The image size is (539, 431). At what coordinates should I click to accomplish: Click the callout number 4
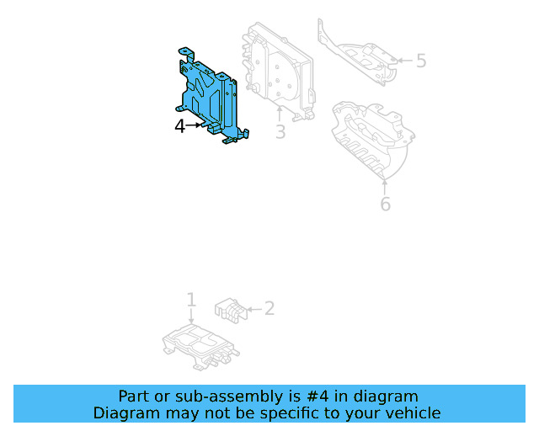tap(179, 126)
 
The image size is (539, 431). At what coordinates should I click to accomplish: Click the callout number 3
tap(280, 132)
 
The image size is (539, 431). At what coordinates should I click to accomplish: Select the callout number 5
tap(421, 61)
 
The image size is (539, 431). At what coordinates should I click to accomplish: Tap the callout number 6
tap(385, 204)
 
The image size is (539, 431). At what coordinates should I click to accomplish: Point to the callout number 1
tap(191, 300)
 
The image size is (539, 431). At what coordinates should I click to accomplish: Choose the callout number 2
tap(269, 308)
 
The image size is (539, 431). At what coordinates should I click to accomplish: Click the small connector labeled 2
tap(228, 309)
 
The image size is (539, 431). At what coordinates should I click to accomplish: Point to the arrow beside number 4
tap(195, 126)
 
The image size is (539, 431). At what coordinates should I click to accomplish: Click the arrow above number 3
tap(280, 114)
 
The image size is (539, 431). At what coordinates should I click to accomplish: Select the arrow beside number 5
tap(403, 61)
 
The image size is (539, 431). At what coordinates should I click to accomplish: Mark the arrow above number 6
tap(385, 185)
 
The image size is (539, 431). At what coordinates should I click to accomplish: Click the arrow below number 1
tap(191, 317)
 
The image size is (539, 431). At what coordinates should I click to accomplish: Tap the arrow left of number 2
tap(252, 309)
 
